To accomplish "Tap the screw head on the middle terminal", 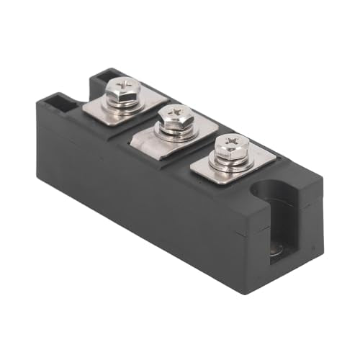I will (x=174, y=116).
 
